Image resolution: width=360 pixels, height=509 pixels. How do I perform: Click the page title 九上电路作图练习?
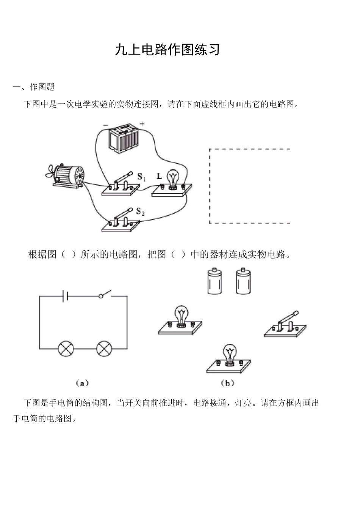pyautogui.click(x=167, y=50)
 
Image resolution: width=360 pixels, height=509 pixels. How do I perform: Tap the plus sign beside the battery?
pyautogui.click(x=142, y=124)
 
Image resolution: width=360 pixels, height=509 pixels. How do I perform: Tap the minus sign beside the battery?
pyautogui.click(x=105, y=125)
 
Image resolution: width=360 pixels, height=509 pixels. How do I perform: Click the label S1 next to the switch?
pyautogui.click(x=141, y=176)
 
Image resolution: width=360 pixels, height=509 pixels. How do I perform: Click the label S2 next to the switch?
pyautogui.click(x=140, y=212)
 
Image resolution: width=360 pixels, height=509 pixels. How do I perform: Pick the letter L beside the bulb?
pyautogui.click(x=159, y=176)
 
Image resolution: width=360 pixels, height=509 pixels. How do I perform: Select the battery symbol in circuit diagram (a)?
pyautogui.click(x=66, y=296)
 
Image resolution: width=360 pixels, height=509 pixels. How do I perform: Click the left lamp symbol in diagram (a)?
pyautogui.click(x=66, y=348)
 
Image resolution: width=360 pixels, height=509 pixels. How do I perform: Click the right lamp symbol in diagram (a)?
pyautogui.click(x=104, y=348)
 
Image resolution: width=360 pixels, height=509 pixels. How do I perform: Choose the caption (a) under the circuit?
pyautogui.click(x=82, y=383)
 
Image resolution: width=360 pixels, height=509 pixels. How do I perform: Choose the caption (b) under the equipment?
pyautogui.click(x=227, y=383)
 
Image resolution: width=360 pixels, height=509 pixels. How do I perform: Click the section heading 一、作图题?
pyautogui.click(x=34, y=87)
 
